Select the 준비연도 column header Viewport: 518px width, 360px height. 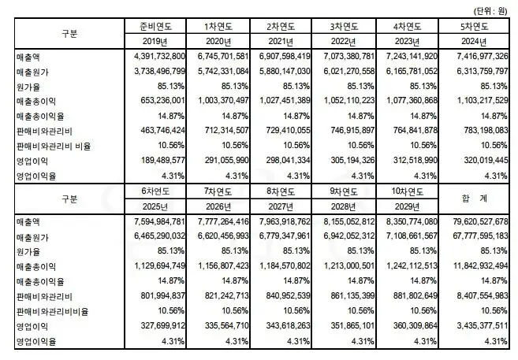point(158,25)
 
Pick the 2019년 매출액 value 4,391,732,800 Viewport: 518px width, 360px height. point(155,57)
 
